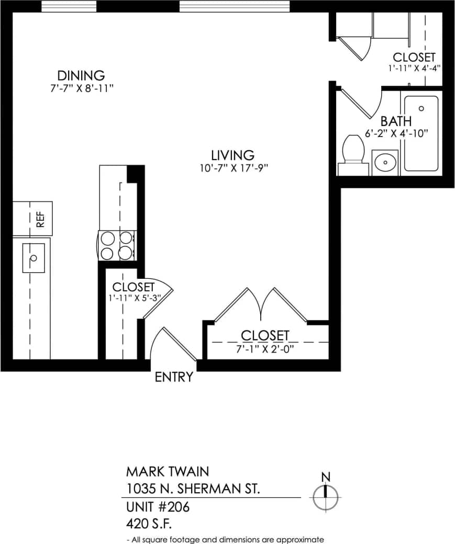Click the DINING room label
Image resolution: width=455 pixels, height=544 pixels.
coord(81,76)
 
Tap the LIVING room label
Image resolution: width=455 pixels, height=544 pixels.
coord(232,155)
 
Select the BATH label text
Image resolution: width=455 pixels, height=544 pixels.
coord(396,121)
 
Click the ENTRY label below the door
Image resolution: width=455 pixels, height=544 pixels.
coord(174,377)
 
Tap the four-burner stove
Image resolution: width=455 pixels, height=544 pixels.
coord(117,246)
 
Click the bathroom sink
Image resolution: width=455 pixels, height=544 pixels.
coord(385,163)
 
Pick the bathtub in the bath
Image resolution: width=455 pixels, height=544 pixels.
coord(421,133)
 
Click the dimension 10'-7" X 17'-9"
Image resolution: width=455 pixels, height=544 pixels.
coord(232,168)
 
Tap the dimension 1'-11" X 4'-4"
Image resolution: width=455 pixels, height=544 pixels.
coord(414,67)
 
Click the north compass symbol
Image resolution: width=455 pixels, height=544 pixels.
coord(326,497)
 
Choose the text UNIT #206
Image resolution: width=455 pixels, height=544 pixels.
coord(158,507)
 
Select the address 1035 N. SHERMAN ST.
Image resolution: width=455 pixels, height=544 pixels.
coord(193,489)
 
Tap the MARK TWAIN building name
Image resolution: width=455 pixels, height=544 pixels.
coord(167,471)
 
